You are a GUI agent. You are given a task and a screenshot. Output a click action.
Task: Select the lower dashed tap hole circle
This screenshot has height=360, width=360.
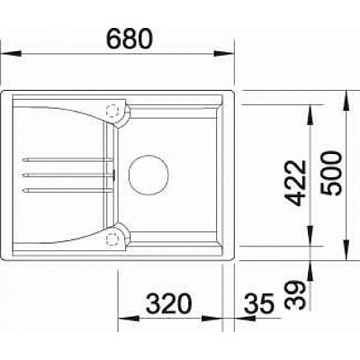[x=113, y=238]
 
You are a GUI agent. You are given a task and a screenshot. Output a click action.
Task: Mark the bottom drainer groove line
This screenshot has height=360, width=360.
[x=67, y=190]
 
